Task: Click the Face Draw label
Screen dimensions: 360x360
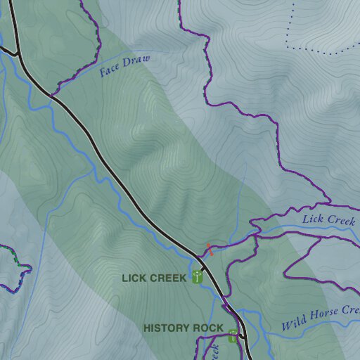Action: [x=124, y=65]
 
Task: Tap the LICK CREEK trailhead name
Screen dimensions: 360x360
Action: [x=154, y=278]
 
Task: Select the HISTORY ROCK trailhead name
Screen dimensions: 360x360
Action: [x=183, y=328]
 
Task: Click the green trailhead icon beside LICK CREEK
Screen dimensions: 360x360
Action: [x=198, y=277]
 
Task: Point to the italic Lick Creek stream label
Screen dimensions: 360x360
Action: [x=328, y=220]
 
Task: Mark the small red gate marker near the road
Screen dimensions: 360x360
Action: [x=209, y=250]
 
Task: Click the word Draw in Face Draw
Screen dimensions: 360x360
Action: [x=137, y=62]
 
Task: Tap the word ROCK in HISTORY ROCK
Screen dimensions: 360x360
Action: [x=210, y=328]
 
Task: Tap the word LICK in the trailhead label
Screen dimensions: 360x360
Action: [x=134, y=278]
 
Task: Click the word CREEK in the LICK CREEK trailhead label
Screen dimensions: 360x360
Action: [x=169, y=278]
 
